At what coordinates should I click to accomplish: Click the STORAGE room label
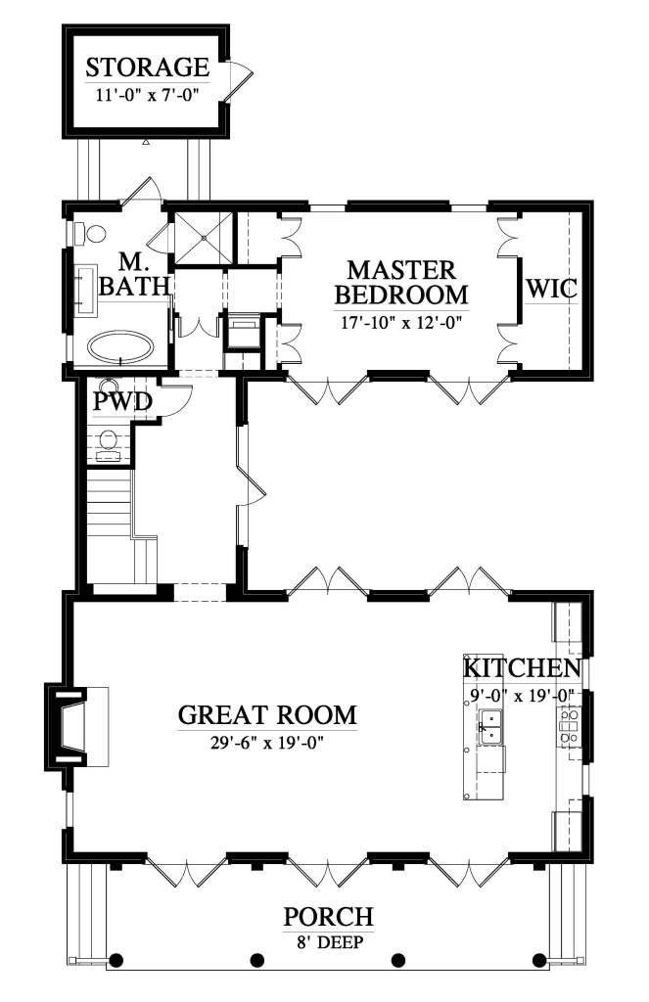(147, 68)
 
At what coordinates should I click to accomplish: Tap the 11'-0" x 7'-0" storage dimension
(147, 95)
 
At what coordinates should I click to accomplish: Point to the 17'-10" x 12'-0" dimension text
(400, 321)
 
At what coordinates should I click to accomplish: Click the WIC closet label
(553, 289)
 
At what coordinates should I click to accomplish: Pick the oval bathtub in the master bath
(121, 347)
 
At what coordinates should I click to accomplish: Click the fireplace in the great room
(70, 725)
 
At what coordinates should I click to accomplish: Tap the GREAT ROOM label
(266, 714)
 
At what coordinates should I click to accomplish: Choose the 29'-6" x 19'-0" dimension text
(266, 742)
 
